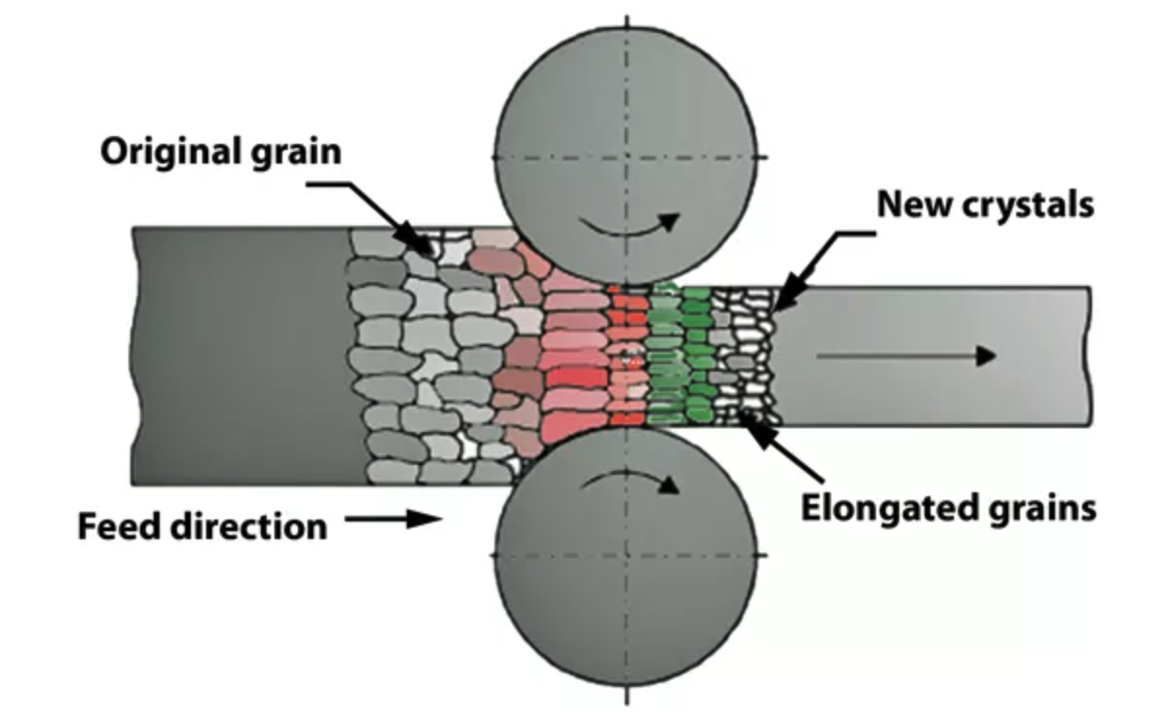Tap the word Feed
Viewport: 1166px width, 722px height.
118,526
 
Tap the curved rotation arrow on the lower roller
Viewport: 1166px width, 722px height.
628,479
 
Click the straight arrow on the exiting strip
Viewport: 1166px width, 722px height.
905,356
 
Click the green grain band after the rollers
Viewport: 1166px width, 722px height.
681,355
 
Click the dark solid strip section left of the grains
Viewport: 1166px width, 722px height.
243,355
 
